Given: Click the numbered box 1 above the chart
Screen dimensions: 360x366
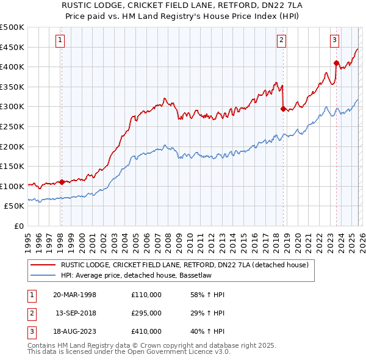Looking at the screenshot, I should [x=61, y=41].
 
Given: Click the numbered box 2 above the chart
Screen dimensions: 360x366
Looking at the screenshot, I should [x=281, y=41].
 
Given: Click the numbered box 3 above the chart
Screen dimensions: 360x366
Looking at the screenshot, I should [x=335, y=41].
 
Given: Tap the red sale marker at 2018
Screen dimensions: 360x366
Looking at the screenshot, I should [x=283, y=109].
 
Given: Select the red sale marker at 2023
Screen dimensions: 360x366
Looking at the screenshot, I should [x=336, y=63].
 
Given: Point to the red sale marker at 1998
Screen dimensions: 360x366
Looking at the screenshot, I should [x=62, y=182].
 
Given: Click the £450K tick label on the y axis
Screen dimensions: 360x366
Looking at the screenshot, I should [x=12, y=47].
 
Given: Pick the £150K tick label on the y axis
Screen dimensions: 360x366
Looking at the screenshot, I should [x=12, y=166].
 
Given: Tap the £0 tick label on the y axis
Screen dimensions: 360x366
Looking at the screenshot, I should [x=18, y=226].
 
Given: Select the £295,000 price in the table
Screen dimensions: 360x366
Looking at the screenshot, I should [x=146, y=313].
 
